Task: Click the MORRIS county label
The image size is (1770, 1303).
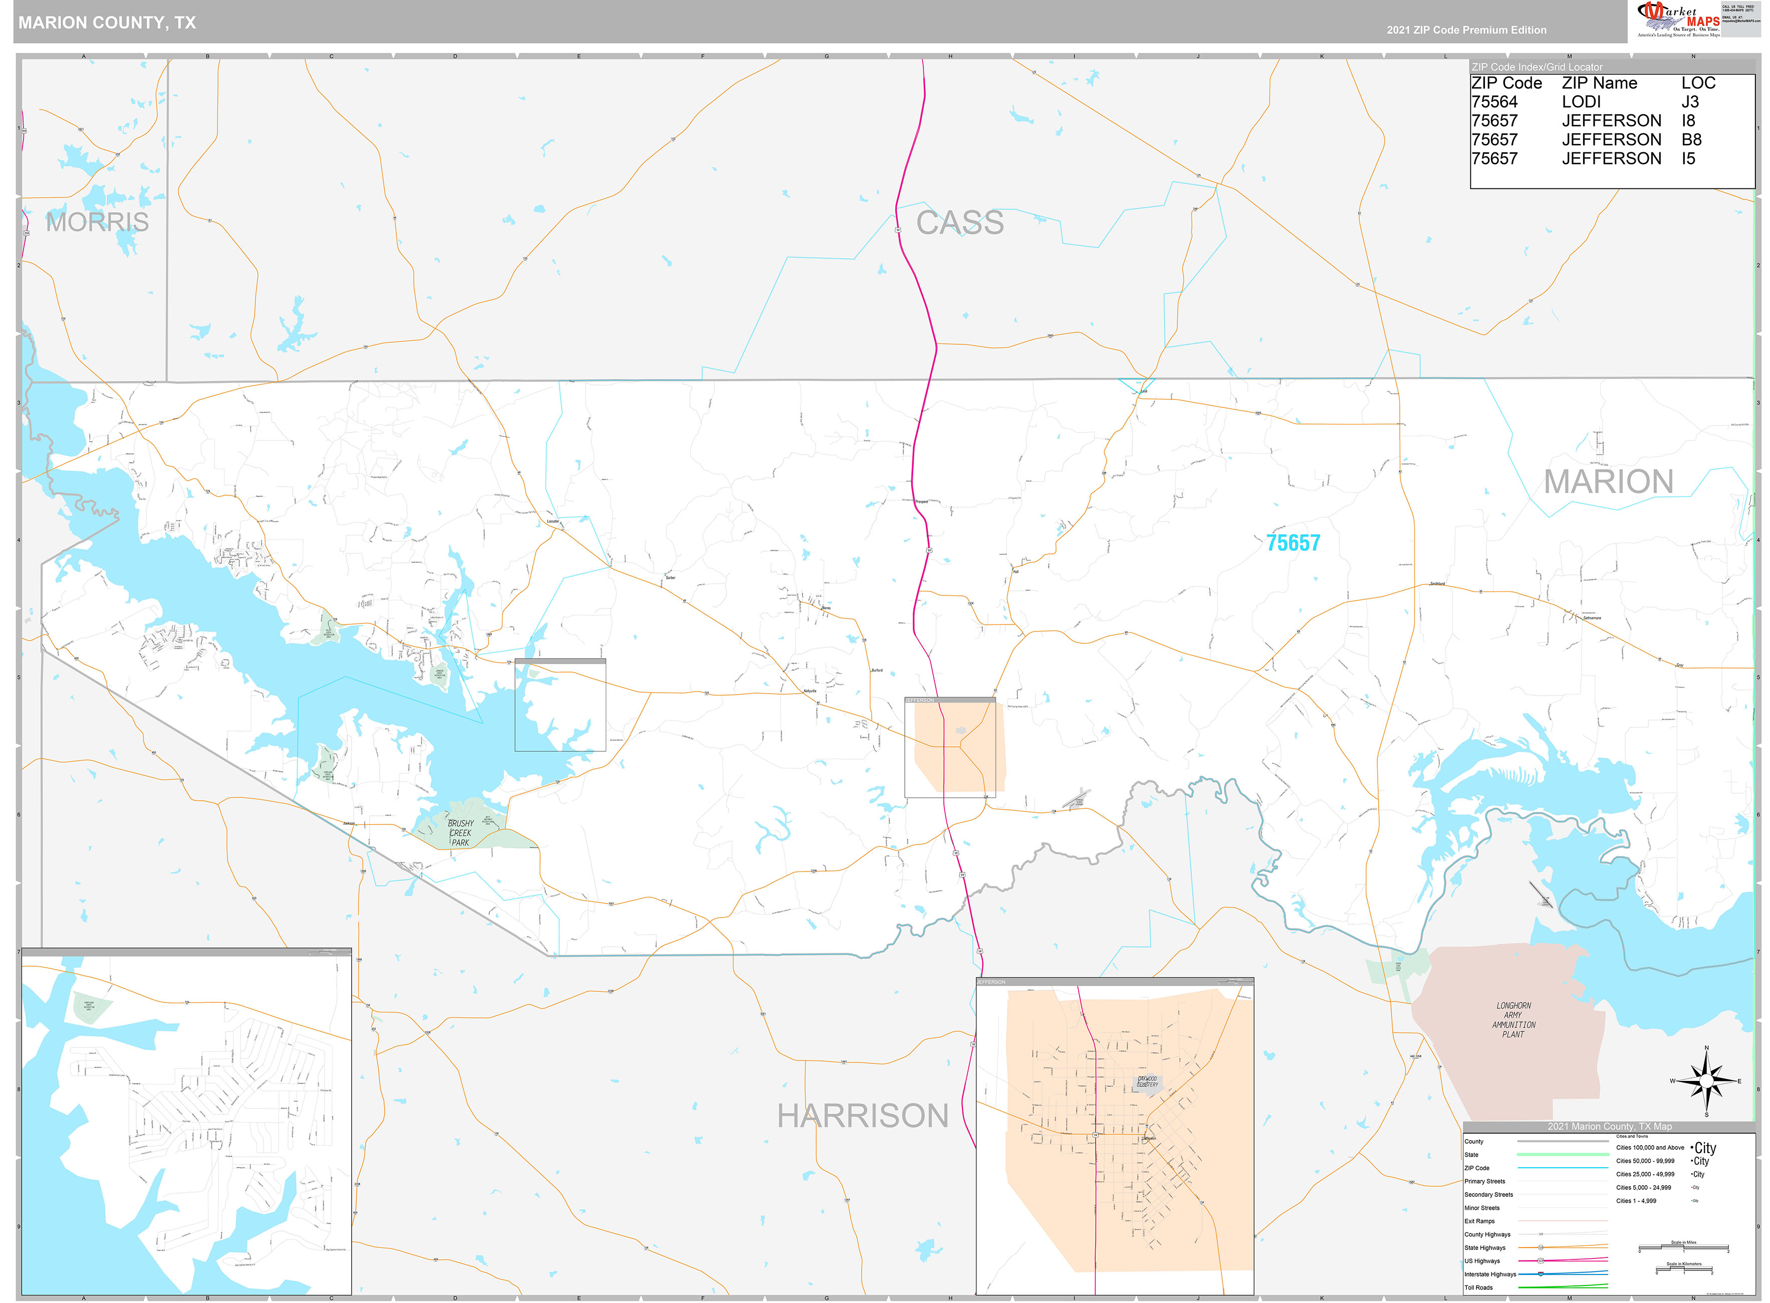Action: (97, 223)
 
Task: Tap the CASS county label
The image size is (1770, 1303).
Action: (959, 223)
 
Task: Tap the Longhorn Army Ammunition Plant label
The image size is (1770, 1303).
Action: (1513, 1020)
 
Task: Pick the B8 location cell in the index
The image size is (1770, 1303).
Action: (1691, 140)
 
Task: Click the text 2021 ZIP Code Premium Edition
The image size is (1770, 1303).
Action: (1466, 30)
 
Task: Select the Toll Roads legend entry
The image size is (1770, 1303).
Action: (1478, 1287)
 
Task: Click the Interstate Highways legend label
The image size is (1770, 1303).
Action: (1489, 1274)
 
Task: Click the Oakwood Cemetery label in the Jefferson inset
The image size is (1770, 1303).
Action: (1147, 1081)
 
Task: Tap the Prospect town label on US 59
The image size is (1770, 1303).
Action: (922, 502)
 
